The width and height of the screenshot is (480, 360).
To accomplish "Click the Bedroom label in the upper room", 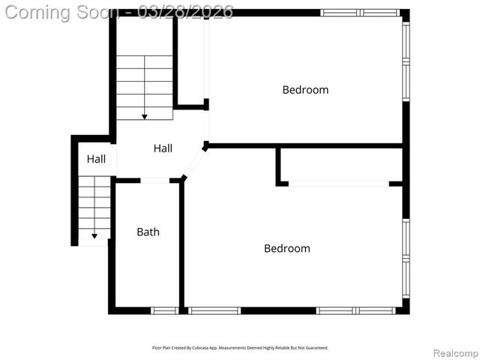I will [x=305, y=90].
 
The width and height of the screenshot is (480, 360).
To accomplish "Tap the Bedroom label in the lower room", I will [x=286, y=248].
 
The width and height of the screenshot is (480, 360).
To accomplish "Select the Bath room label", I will [x=148, y=232].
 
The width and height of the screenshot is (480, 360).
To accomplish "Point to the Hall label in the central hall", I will [x=163, y=148].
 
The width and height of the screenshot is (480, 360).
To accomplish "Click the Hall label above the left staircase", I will [x=96, y=159].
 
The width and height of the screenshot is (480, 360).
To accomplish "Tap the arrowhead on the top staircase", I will [x=144, y=116].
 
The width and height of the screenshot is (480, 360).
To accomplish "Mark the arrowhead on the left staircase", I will [x=94, y=236].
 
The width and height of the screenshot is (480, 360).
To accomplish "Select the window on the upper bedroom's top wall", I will [x=360, y=13].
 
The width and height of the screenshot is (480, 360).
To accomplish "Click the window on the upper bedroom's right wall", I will [x=406, y=60].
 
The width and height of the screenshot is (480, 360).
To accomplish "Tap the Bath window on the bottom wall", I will [x=163, y=310].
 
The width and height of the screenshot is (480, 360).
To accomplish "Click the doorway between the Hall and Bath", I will [x=155, y=181].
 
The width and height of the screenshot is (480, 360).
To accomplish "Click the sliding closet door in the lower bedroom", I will [x=338, y=184].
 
